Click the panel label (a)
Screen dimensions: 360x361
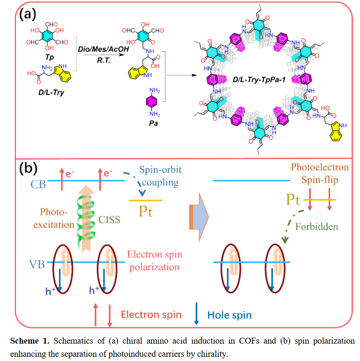tap(28, 14)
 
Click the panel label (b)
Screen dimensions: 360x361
tap(28, 168)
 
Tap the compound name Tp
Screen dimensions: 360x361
tap(50, 57)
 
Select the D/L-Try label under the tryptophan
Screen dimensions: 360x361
tap(51, 92)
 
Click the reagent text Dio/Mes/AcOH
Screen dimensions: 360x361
tap(103, 49)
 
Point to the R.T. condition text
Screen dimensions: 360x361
tap(103, 60)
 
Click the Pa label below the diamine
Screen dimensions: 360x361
tap(153, 123)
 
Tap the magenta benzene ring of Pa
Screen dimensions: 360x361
tap(152, 102)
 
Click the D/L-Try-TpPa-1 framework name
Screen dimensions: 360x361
tap(259, 80)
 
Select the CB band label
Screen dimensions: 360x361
tap(38, 184)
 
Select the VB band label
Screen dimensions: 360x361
tap(37, 264)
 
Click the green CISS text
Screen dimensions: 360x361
tap(109, 219)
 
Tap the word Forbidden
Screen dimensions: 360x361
tap(317, 227)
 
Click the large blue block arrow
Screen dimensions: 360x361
tap(199, 217)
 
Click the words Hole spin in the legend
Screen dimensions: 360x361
tap(229, 315)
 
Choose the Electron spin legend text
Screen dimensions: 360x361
tap(151, 314)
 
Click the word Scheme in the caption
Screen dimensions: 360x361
tap(25, 341)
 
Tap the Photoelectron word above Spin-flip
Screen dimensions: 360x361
tap(320, 167)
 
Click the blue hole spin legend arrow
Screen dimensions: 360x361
tap(196, 314)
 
